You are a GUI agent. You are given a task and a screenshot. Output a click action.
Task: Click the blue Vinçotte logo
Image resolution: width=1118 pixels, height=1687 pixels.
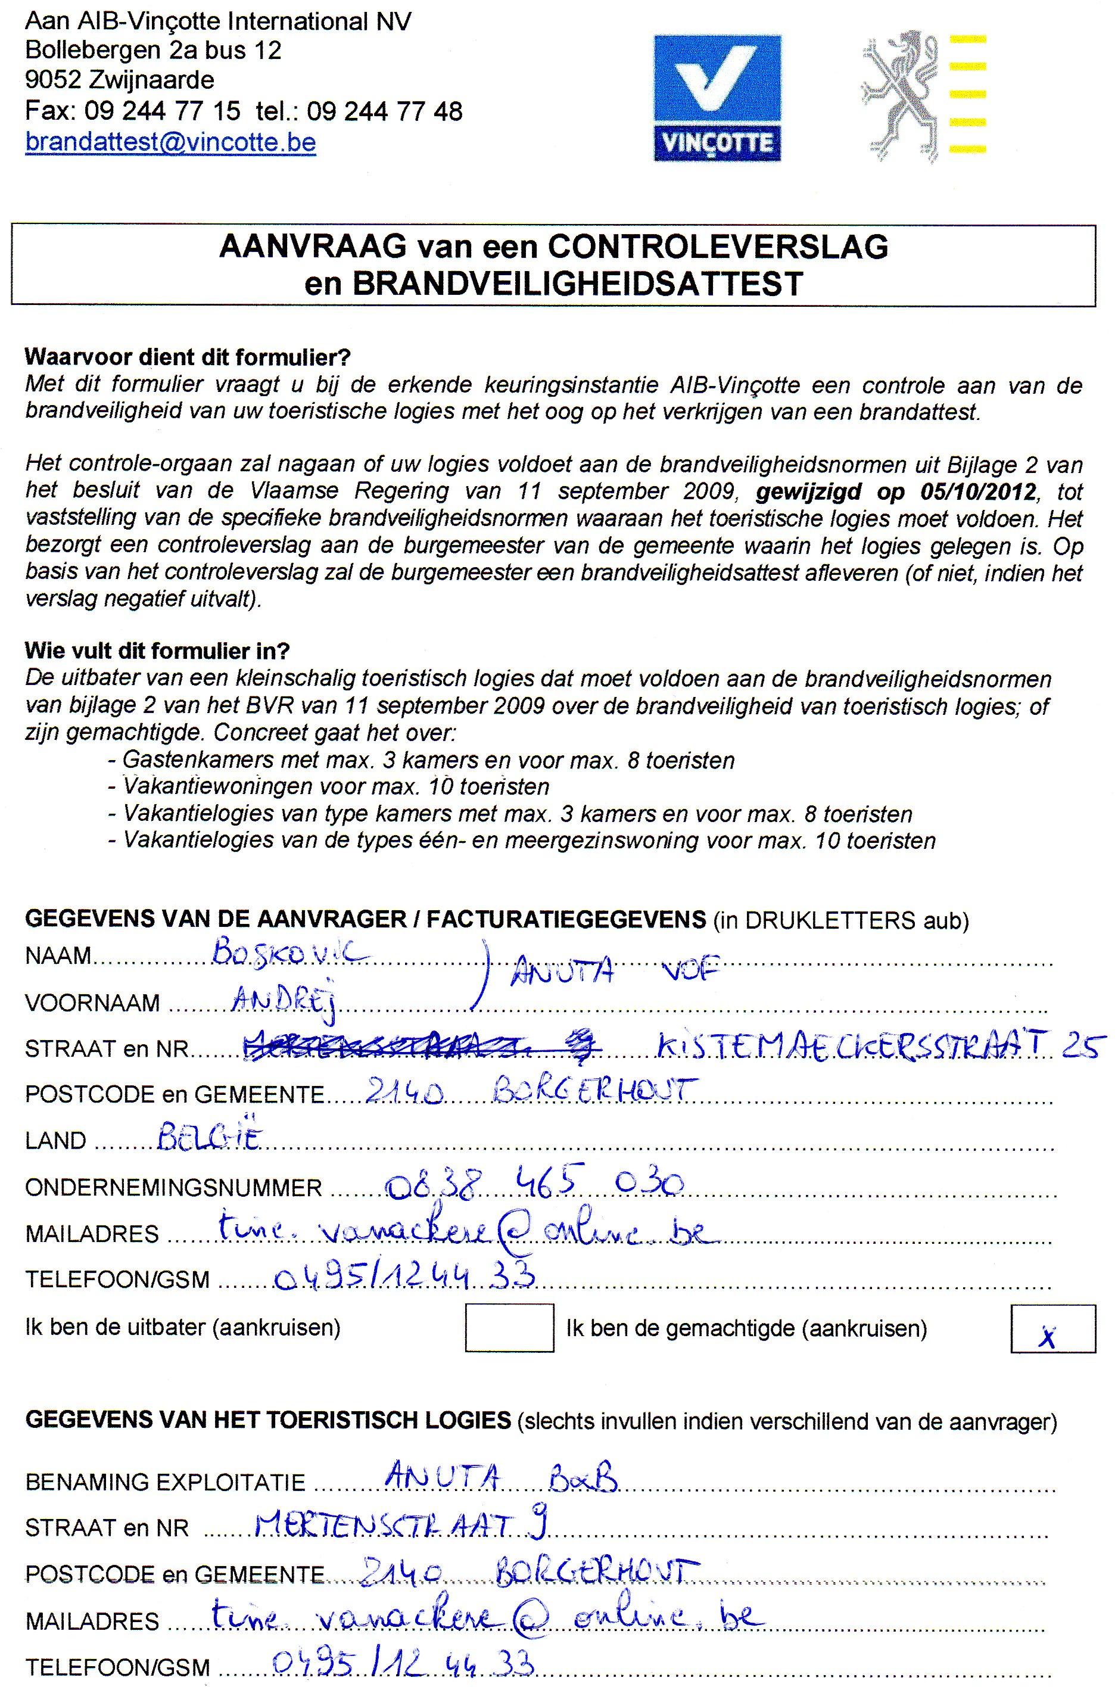[717, 98]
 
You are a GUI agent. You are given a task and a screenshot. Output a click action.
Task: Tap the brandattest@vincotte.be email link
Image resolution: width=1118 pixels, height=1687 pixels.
[170, 142]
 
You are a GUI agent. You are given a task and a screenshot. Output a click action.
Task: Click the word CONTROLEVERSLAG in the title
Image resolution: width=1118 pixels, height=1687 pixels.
[717, 247]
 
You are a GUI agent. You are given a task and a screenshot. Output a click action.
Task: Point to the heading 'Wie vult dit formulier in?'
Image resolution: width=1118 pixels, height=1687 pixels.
[158, 650]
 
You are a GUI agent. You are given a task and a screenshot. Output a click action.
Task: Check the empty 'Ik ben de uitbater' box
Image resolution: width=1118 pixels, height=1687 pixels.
[509, 1327]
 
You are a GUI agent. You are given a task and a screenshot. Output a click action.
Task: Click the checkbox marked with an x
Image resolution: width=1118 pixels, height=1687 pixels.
[1052, 1328]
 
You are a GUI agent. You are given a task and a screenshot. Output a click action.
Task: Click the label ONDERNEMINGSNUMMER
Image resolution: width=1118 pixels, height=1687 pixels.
[173, 1187]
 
